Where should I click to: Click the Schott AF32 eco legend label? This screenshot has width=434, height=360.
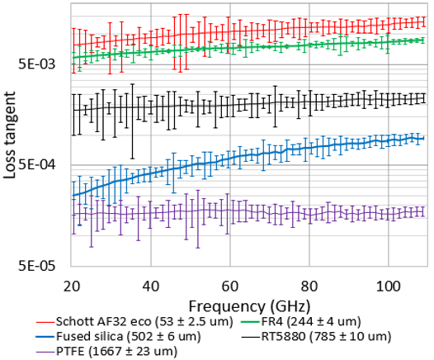click(142, 321)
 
